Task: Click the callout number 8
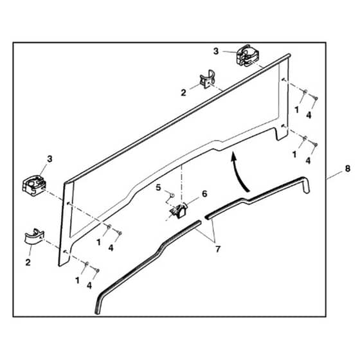tap(348, 168)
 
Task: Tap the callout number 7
tap(218, 249)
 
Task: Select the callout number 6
tap(204, 194)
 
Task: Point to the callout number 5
tap(158, 188)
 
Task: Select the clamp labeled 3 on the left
tap(34, 185)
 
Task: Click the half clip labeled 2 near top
tap(207, 80)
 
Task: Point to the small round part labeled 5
tap(172, 195)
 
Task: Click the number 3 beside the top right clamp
tap(216, 51)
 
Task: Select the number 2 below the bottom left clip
tap(28, 262)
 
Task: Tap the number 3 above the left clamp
tap(50, 159)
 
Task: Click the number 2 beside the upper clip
tap(183, 93)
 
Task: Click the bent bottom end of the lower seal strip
tap(98, 305)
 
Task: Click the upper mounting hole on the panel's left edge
tap(68, 203)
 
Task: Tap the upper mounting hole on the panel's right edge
tap(283, 80)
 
